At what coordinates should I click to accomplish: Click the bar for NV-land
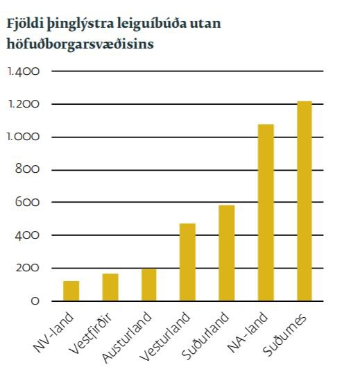[71, 291]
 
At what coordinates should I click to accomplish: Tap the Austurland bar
[149, 284]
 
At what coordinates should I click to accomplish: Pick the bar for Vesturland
[188, 262]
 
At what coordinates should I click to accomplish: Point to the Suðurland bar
[227, 253]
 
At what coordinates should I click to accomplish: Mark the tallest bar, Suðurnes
[305, 201]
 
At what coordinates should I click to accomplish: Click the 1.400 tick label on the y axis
[24, 71]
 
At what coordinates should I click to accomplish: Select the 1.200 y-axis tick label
[24, 104]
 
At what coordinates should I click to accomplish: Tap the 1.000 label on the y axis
[24, 137]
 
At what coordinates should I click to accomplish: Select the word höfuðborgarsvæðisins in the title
[80, 44]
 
